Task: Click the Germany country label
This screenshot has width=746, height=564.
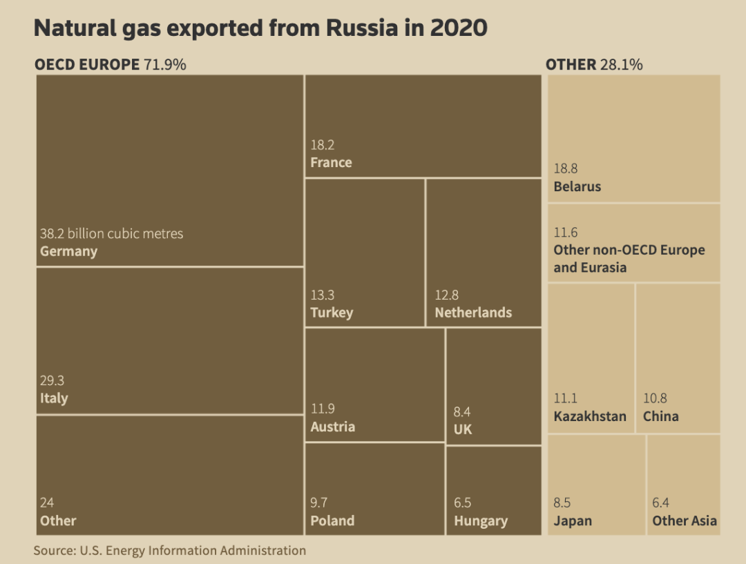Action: [x=68, y=251]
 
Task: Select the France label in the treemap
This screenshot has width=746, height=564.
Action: [x=331, y=163]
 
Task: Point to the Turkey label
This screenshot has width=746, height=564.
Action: [x=332, y=313]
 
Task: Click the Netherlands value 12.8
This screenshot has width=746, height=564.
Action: [x=446, y=295]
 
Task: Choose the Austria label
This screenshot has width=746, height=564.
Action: [x=332, y=427]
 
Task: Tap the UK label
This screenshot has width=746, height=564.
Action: [x=463, y=429]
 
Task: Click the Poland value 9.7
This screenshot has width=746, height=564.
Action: [x=320, y=503]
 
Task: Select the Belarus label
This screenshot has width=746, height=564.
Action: [x=577, y=186]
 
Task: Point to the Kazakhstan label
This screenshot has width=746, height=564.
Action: [x=590, y=416]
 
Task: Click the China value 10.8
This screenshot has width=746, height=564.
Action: [x=656, y=398]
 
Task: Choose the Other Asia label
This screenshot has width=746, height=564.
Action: [x=685, y=521]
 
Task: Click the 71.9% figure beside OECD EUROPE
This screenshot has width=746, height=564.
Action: [x=165, y=65]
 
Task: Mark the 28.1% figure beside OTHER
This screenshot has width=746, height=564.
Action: [x=621, y=65]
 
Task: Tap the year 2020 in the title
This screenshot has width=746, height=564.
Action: [x=459, y=28]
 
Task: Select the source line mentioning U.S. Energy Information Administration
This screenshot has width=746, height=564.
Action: [x=169, y=550]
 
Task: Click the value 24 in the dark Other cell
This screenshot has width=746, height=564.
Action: [x=47, y=503]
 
